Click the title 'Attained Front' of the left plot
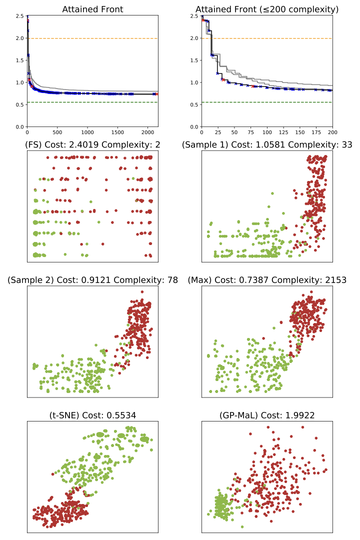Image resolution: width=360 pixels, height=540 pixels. (x=92, y=9)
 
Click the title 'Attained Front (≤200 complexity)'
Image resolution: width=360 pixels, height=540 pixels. (x=267, y=9)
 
